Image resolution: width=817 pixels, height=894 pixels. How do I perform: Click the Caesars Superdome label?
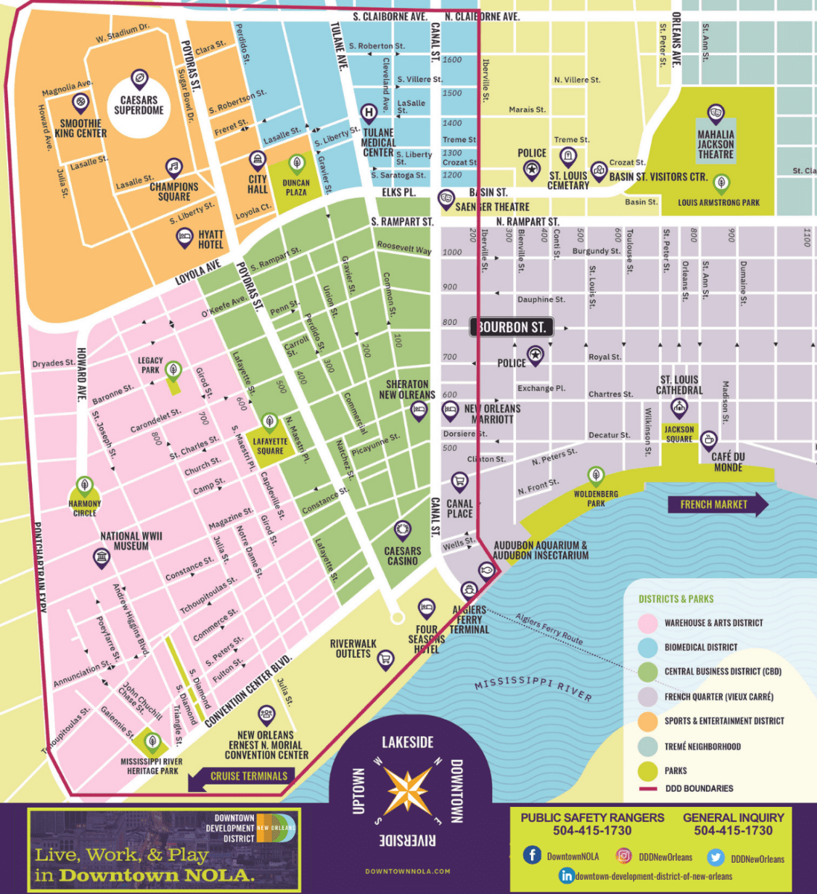(x=139, y=105)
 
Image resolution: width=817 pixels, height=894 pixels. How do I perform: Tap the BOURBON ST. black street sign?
(x=512, y=327)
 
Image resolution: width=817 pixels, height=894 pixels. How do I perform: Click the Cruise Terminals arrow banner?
(x=240, y=776)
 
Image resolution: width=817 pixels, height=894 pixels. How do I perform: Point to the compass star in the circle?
(x=407, y=789)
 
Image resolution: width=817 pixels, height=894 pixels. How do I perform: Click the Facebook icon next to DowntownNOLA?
(x=532, y=855)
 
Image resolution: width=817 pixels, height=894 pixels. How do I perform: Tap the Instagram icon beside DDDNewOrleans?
(x=623, y=857)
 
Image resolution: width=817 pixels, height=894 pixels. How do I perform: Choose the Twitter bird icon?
(x=716, y=857)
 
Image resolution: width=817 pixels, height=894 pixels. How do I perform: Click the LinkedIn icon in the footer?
(x=567, y=875)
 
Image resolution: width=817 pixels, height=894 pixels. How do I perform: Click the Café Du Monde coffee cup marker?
(x=708, y=440)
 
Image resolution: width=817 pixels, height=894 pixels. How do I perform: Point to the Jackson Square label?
(x=678, y=434)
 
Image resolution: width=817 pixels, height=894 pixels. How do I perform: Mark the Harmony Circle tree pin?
(x=85, y=486)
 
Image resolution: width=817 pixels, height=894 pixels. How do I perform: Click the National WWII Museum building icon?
(x=101, y=558)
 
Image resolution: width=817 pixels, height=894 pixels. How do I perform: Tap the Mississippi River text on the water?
(x=533, y=689)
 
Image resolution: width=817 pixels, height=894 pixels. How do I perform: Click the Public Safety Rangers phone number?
(x=592, y=830)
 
